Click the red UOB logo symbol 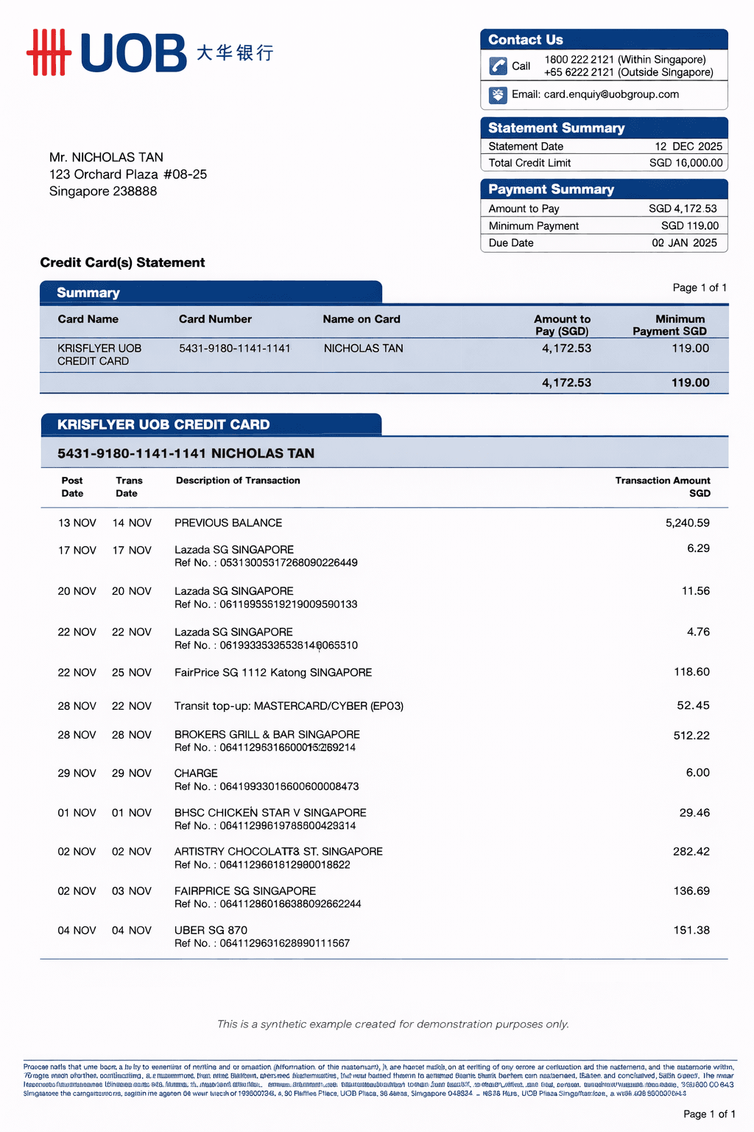(49, 52)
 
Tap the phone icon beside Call (498, 66)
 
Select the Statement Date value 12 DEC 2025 (688, 147)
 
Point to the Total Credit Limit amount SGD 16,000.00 (686, 163)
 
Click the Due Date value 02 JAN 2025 (684, 243)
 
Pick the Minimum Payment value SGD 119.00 (689, 226)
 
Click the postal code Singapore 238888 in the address (103, 192)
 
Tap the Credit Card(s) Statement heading (122, 263)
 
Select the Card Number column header (215, 319)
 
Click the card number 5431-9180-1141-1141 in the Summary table (234, 348)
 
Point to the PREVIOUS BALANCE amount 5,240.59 (687, 523)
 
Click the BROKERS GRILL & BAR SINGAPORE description (267, 735)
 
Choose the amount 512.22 (691, 736)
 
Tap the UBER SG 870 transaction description (211, 930)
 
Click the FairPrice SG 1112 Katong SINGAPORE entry (272, 673)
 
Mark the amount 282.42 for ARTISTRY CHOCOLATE (691, 852)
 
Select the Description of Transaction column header (238, 481)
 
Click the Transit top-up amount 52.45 (693, 706)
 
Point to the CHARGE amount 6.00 (697, 773)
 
